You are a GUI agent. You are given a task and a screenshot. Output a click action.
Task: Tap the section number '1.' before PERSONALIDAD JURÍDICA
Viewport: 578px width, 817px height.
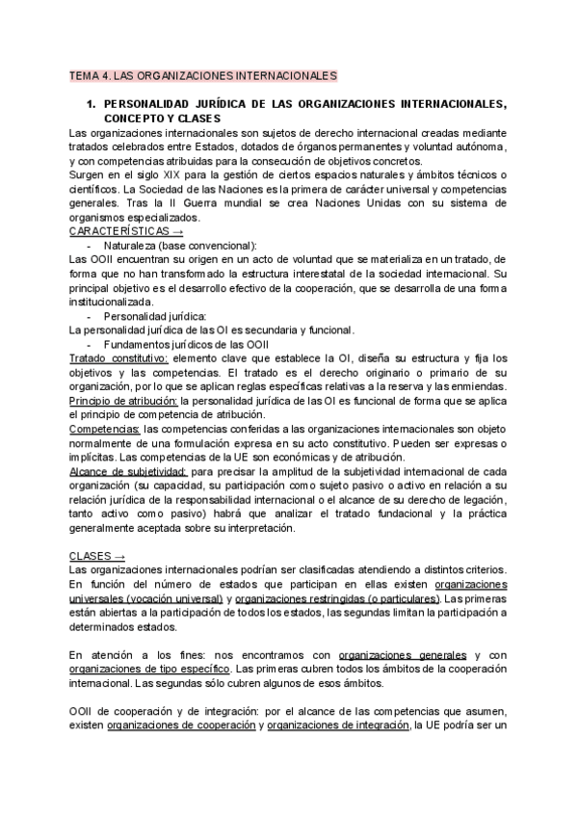pyautogui.click(x=92, y=102)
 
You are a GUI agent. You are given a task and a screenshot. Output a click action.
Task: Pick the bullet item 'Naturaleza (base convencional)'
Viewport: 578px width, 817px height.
pyautogui.click(x=180, y=246)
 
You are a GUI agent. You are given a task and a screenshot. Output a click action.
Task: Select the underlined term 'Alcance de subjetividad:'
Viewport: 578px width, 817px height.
pyautogui.click(x=129, y=472)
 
